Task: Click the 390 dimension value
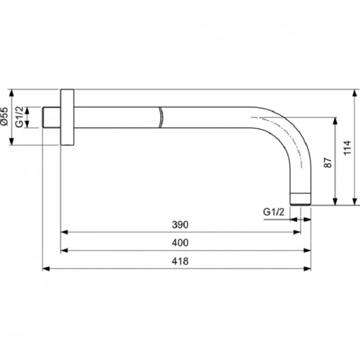pos(180,224)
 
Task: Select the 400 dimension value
pos(180,242)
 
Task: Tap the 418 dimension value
pos(180,261)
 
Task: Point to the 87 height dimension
pos(328,163)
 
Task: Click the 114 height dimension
pos(347,148)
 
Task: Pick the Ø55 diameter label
pos(4,116)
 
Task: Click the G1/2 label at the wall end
pos(20,117)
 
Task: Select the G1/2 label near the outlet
pos(274,212)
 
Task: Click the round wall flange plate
pos(67,117)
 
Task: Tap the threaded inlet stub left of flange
pos(52,117)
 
